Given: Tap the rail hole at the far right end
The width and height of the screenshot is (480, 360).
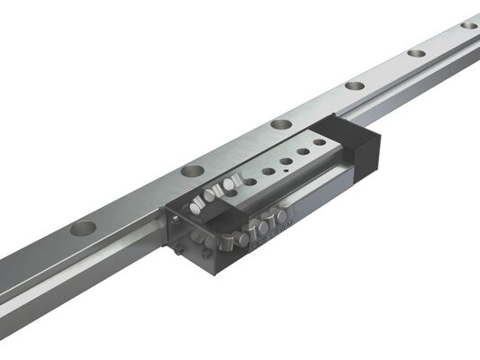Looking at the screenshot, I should tap(469, 24).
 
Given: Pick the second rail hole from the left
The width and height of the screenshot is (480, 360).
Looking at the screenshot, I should tap(193, 169).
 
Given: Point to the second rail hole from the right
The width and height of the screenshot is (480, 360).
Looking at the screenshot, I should tap(416, 52).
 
